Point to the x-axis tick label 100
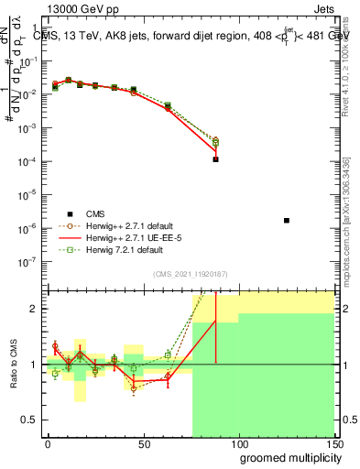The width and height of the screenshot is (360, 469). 239,444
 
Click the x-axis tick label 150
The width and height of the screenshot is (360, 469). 334,444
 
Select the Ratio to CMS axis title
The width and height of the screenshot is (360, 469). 15,365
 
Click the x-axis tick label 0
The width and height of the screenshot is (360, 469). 48,444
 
